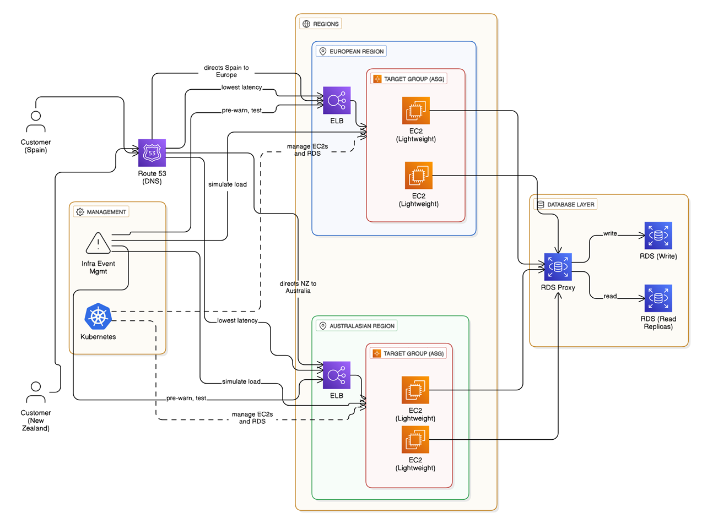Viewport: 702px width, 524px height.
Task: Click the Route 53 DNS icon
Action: (x=152, y=152)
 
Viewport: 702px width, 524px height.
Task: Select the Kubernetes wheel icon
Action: (x=98, y=317)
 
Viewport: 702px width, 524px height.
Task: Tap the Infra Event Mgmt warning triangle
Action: (x=98, y=243)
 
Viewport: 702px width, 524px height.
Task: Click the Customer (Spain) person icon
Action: (x=36, y=121)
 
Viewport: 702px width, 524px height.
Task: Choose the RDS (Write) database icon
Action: (x=658, y=236)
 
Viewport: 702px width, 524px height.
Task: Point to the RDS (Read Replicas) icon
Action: (x=658, y=299)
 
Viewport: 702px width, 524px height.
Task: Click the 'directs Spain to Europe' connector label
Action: (x=226, y=71)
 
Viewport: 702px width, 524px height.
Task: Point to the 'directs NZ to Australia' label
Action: (x=298, y=287)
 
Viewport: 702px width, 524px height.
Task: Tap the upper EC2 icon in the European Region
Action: (x=416, y=111)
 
